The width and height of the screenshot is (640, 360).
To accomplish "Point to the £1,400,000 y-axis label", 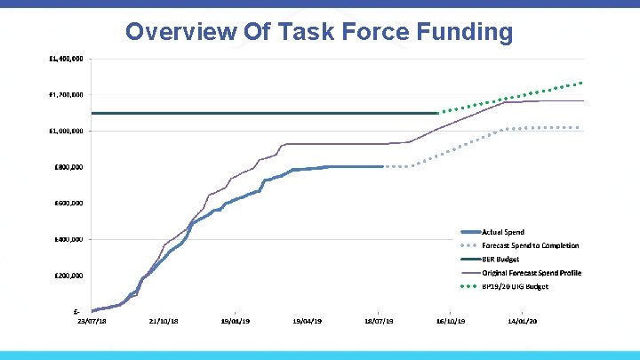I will point(67,59).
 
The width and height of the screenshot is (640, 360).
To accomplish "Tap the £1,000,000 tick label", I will point(67,131).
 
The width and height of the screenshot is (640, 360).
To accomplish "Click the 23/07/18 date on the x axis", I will point(92,321).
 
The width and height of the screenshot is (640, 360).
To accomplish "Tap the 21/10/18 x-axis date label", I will point(164,321).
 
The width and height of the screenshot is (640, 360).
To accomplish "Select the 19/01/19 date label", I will point(236,321).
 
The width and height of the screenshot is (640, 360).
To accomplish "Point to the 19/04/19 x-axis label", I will point(308,321).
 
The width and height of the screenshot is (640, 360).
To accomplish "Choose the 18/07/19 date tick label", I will point(380,321).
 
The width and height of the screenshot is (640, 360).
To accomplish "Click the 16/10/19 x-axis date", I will point(451,321).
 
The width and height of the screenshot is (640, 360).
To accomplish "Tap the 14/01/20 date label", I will point(523,321).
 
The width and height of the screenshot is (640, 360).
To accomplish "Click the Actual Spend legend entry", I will point(503,232).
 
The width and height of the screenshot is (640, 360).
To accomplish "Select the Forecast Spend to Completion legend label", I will point(530,245).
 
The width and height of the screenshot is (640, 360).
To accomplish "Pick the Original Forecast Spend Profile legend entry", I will point(532,273).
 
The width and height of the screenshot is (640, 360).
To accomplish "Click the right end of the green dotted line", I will point(581,83).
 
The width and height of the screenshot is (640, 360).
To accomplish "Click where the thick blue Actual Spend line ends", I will point(382,166).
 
